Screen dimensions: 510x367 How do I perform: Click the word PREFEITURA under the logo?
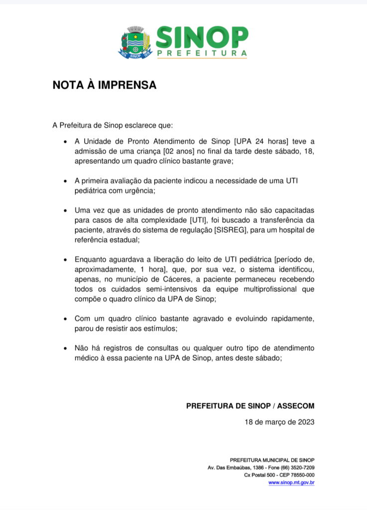[202, 53]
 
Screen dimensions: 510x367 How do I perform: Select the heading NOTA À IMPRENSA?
[105, 85]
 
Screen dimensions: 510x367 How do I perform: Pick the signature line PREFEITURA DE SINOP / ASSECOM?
[250, 406]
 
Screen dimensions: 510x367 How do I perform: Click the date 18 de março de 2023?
[279, 422]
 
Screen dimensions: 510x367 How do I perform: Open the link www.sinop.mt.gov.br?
[291, 483]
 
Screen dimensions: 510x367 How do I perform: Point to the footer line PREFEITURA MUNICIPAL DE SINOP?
[272, 460]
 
